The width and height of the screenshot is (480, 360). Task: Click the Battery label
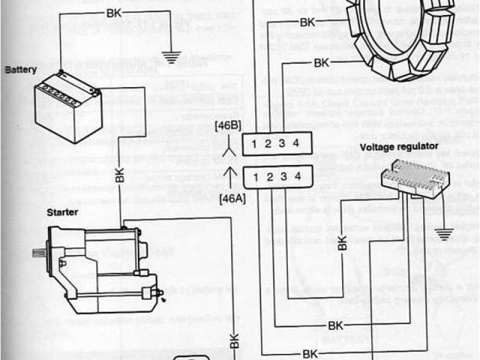pos(21,70)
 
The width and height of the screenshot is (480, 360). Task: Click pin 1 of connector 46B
pos(256,142)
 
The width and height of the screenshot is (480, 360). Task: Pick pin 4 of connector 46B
pos(297,142)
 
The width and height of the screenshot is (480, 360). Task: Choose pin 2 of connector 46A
pos(270,177)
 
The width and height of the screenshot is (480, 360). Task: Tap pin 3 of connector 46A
pos(283,177)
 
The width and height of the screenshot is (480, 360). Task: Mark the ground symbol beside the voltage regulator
pos(445,234)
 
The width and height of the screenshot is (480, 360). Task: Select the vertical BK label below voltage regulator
pos(342,245)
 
